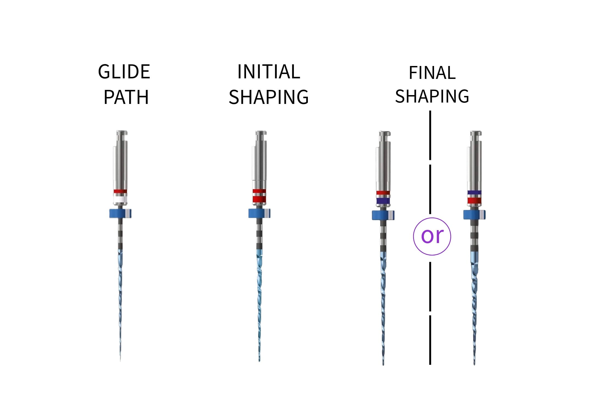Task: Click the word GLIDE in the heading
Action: [x=124, y=72]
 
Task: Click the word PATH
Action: [x=126, y=97]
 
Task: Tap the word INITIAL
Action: [x=269, y=72]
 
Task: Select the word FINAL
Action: [x=432, y=73]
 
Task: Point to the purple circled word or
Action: [x=432, y=236]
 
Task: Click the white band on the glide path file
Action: [x=120, y=199]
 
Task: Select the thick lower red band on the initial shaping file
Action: [x=259, y=199]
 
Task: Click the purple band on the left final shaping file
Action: [x=383, y=201]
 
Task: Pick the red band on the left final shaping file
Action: [x=383, y=193]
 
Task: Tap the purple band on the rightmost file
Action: [x=474, y=192]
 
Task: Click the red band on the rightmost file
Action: [x=474, y=201]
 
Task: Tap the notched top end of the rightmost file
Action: [x=476, y=134]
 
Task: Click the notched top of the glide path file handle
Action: [x=122, y=133]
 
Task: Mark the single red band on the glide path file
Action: [x=120, y=191]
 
